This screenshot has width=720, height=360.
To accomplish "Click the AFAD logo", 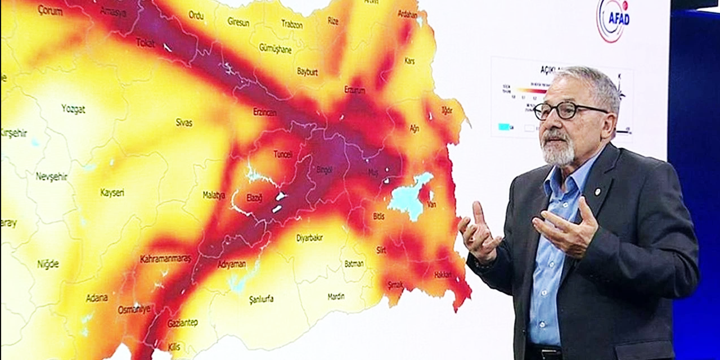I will pyautogui.click(x=612, y=21).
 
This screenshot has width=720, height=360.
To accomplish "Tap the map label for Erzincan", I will pyautogui.click(x=264, y=112).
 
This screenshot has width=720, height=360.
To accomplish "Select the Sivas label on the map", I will pyautogui.click(x=184, y=122).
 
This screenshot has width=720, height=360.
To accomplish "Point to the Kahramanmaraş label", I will pyautogui.click(x=165, y=259).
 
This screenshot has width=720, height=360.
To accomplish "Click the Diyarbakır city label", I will pyautogui.click(x=309, y=238).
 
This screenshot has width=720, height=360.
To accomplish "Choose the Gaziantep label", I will pyautogui.click(x=182, y=323).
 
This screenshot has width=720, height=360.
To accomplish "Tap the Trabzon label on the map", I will pyautogui.click(x=291, y=25).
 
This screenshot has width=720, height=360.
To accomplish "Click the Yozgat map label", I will pyautogui.click(x=73, y=109).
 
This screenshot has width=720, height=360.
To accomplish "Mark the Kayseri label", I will pyautogui.click(x=112, y=193).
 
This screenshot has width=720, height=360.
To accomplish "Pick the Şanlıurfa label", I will pyautogui.click(x=261, y=299).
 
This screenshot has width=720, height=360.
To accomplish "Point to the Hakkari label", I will pyautogui.click(x=443, y=274).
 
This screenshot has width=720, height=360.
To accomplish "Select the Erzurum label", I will pyautogui.click(x=354, y=90).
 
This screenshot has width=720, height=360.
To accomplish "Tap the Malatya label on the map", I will pyautogui.click(x=214, y=195).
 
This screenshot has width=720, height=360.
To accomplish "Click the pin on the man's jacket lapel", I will pyautogui.click(x=597, y=192).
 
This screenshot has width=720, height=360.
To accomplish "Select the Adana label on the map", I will pyautogui.click(x=97, y=298).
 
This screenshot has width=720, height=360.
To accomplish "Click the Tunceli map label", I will pyautogui.click(x=283, y=154).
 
